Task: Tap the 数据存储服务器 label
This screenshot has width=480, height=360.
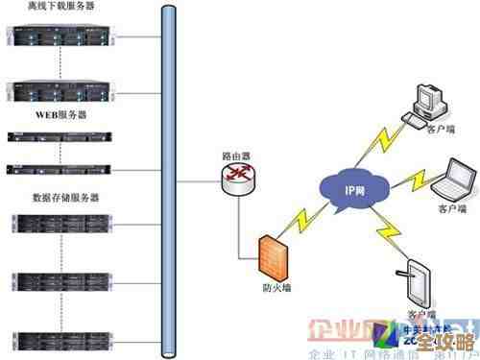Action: point(66,198)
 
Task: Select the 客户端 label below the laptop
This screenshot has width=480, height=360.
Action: point(451,207)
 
